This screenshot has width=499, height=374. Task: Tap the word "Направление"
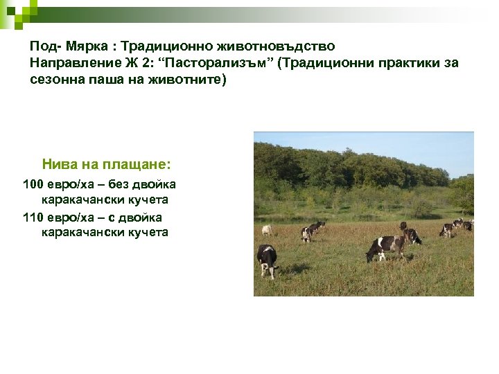69,63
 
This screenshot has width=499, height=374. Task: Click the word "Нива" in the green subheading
59,165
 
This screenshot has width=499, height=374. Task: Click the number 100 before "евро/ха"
33,184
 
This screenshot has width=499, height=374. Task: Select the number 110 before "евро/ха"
33,217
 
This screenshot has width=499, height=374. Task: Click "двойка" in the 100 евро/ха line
155,184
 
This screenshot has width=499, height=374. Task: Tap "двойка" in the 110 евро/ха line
142,217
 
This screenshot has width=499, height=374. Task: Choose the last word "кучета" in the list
148,232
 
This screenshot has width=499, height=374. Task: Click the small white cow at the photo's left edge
266,230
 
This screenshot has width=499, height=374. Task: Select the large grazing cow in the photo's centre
388,245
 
